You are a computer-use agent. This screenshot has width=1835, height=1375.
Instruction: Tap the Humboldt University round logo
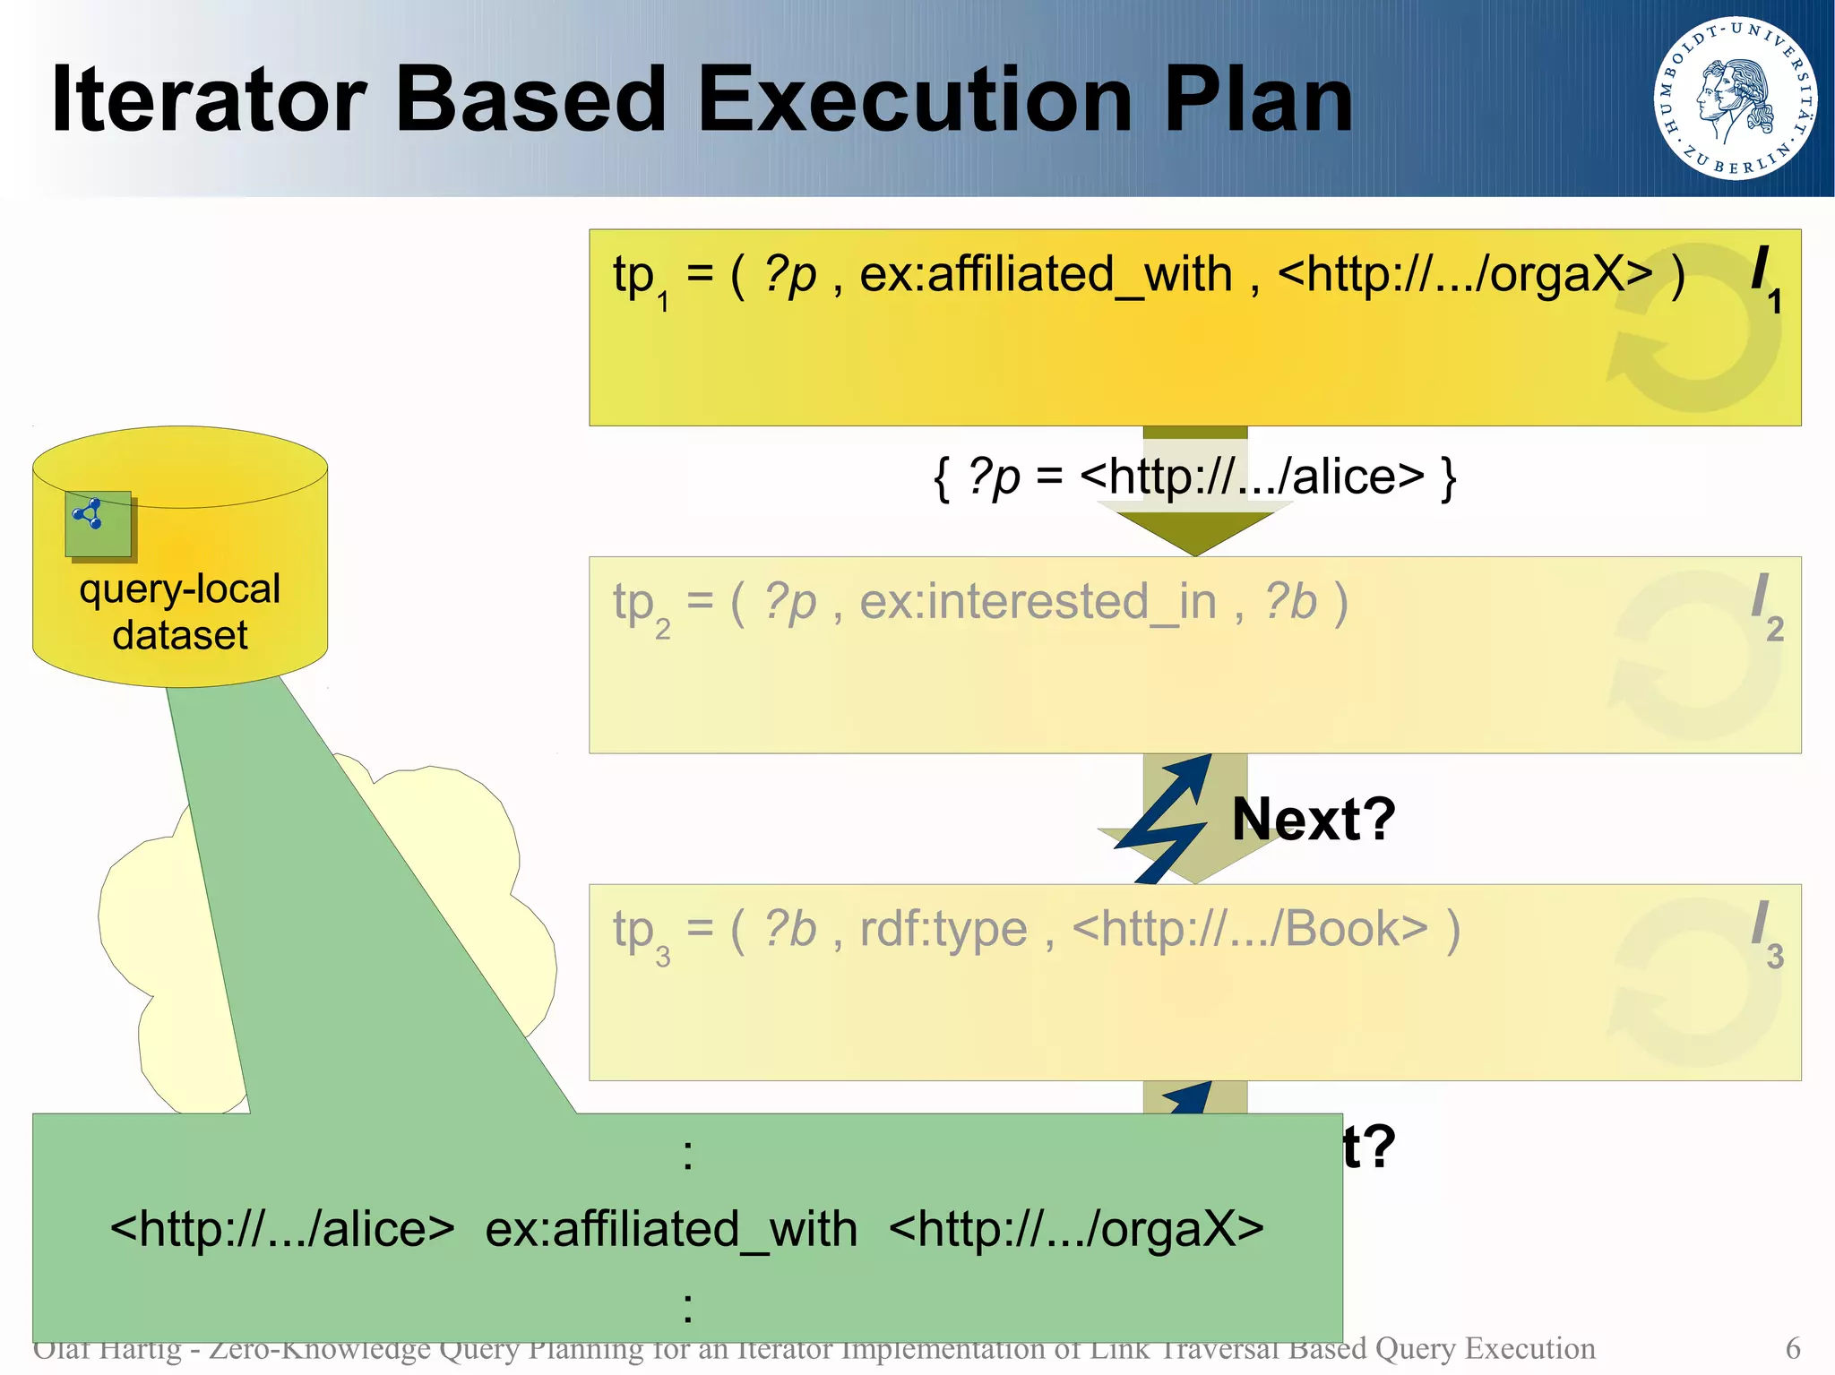pos(1735,98)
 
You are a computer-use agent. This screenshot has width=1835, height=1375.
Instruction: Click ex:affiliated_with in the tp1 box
pos(1046,274)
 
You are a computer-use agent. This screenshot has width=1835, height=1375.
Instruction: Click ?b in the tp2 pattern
pos(1290,602)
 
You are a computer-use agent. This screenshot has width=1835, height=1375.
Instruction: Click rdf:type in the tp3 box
pos(943,929)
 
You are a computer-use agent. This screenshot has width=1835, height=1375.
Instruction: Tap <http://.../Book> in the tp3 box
pos(1249,929)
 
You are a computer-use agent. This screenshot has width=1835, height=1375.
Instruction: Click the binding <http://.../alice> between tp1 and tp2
pos(1252,477)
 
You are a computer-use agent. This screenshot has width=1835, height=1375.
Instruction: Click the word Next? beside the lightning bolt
pos(1313,819)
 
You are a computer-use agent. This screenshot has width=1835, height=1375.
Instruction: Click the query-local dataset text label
pos(179,612)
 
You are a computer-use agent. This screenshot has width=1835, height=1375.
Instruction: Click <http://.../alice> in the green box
pos(282,1228)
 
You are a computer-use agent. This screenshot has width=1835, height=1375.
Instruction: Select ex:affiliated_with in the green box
pos(671,1228)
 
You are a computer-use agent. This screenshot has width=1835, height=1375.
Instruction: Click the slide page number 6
pos(1792,1347)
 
